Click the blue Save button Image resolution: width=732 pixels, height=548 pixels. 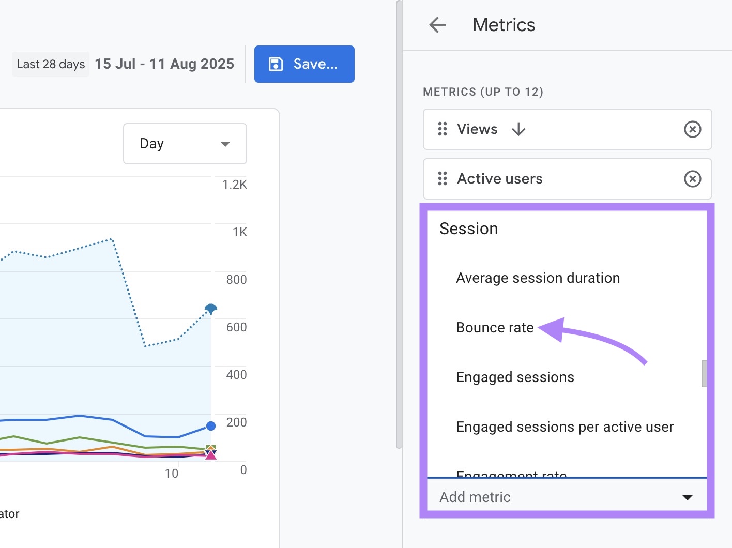304,64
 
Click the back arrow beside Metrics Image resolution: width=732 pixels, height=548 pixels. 437,25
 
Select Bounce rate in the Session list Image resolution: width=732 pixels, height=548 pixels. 495,328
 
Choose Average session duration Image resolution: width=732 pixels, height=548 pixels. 538,278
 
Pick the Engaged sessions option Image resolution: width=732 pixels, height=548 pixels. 515,377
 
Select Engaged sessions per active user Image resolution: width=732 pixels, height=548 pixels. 565,427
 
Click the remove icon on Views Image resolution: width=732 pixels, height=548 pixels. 692,129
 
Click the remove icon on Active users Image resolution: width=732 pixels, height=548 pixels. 692,179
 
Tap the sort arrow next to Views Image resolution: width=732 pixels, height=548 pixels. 518,129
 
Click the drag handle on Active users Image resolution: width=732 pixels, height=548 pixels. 443,179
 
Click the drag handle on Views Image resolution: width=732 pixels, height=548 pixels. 443,129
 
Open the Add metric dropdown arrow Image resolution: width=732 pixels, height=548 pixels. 687,497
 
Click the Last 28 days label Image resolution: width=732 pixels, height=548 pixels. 51,64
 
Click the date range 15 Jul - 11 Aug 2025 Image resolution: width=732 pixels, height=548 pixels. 164,64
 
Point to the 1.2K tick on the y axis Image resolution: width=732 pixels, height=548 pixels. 235,185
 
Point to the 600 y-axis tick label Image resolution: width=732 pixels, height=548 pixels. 236,327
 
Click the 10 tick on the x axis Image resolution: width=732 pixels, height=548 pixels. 172,474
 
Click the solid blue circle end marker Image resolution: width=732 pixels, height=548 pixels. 211,426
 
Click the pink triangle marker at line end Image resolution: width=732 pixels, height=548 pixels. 211,455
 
